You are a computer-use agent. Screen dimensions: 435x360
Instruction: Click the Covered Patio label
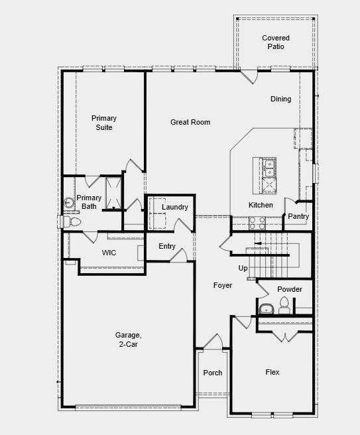coord(276,43)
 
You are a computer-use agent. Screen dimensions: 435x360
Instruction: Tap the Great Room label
coord(190,122)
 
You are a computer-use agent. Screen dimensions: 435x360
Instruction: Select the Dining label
coord(280,99)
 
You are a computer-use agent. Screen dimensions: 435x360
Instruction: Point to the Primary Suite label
coord(104,123)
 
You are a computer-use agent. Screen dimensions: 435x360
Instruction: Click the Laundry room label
coord(175,208)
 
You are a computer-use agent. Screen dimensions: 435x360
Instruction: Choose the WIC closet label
coord(109,253)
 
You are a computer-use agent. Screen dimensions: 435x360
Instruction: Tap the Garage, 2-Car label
coord(129,340)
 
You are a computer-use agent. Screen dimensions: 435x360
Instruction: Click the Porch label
coord(213,373)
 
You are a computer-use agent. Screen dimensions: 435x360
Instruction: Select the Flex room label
coord(272,373)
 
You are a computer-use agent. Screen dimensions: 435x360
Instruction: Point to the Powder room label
coord(290,289)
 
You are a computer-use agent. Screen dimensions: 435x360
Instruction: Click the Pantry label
coord(298,216)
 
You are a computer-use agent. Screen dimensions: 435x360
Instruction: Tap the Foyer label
coord(223,285)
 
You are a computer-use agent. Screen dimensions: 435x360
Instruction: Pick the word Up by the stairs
coord(243,268)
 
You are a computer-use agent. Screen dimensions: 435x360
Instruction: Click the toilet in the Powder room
coord(284,305)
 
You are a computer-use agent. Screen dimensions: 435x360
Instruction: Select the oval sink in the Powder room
coord(267,308)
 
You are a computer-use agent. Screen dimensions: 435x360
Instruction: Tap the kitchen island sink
coord(269,165)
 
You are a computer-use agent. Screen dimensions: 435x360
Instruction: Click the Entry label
coord(167,247)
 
